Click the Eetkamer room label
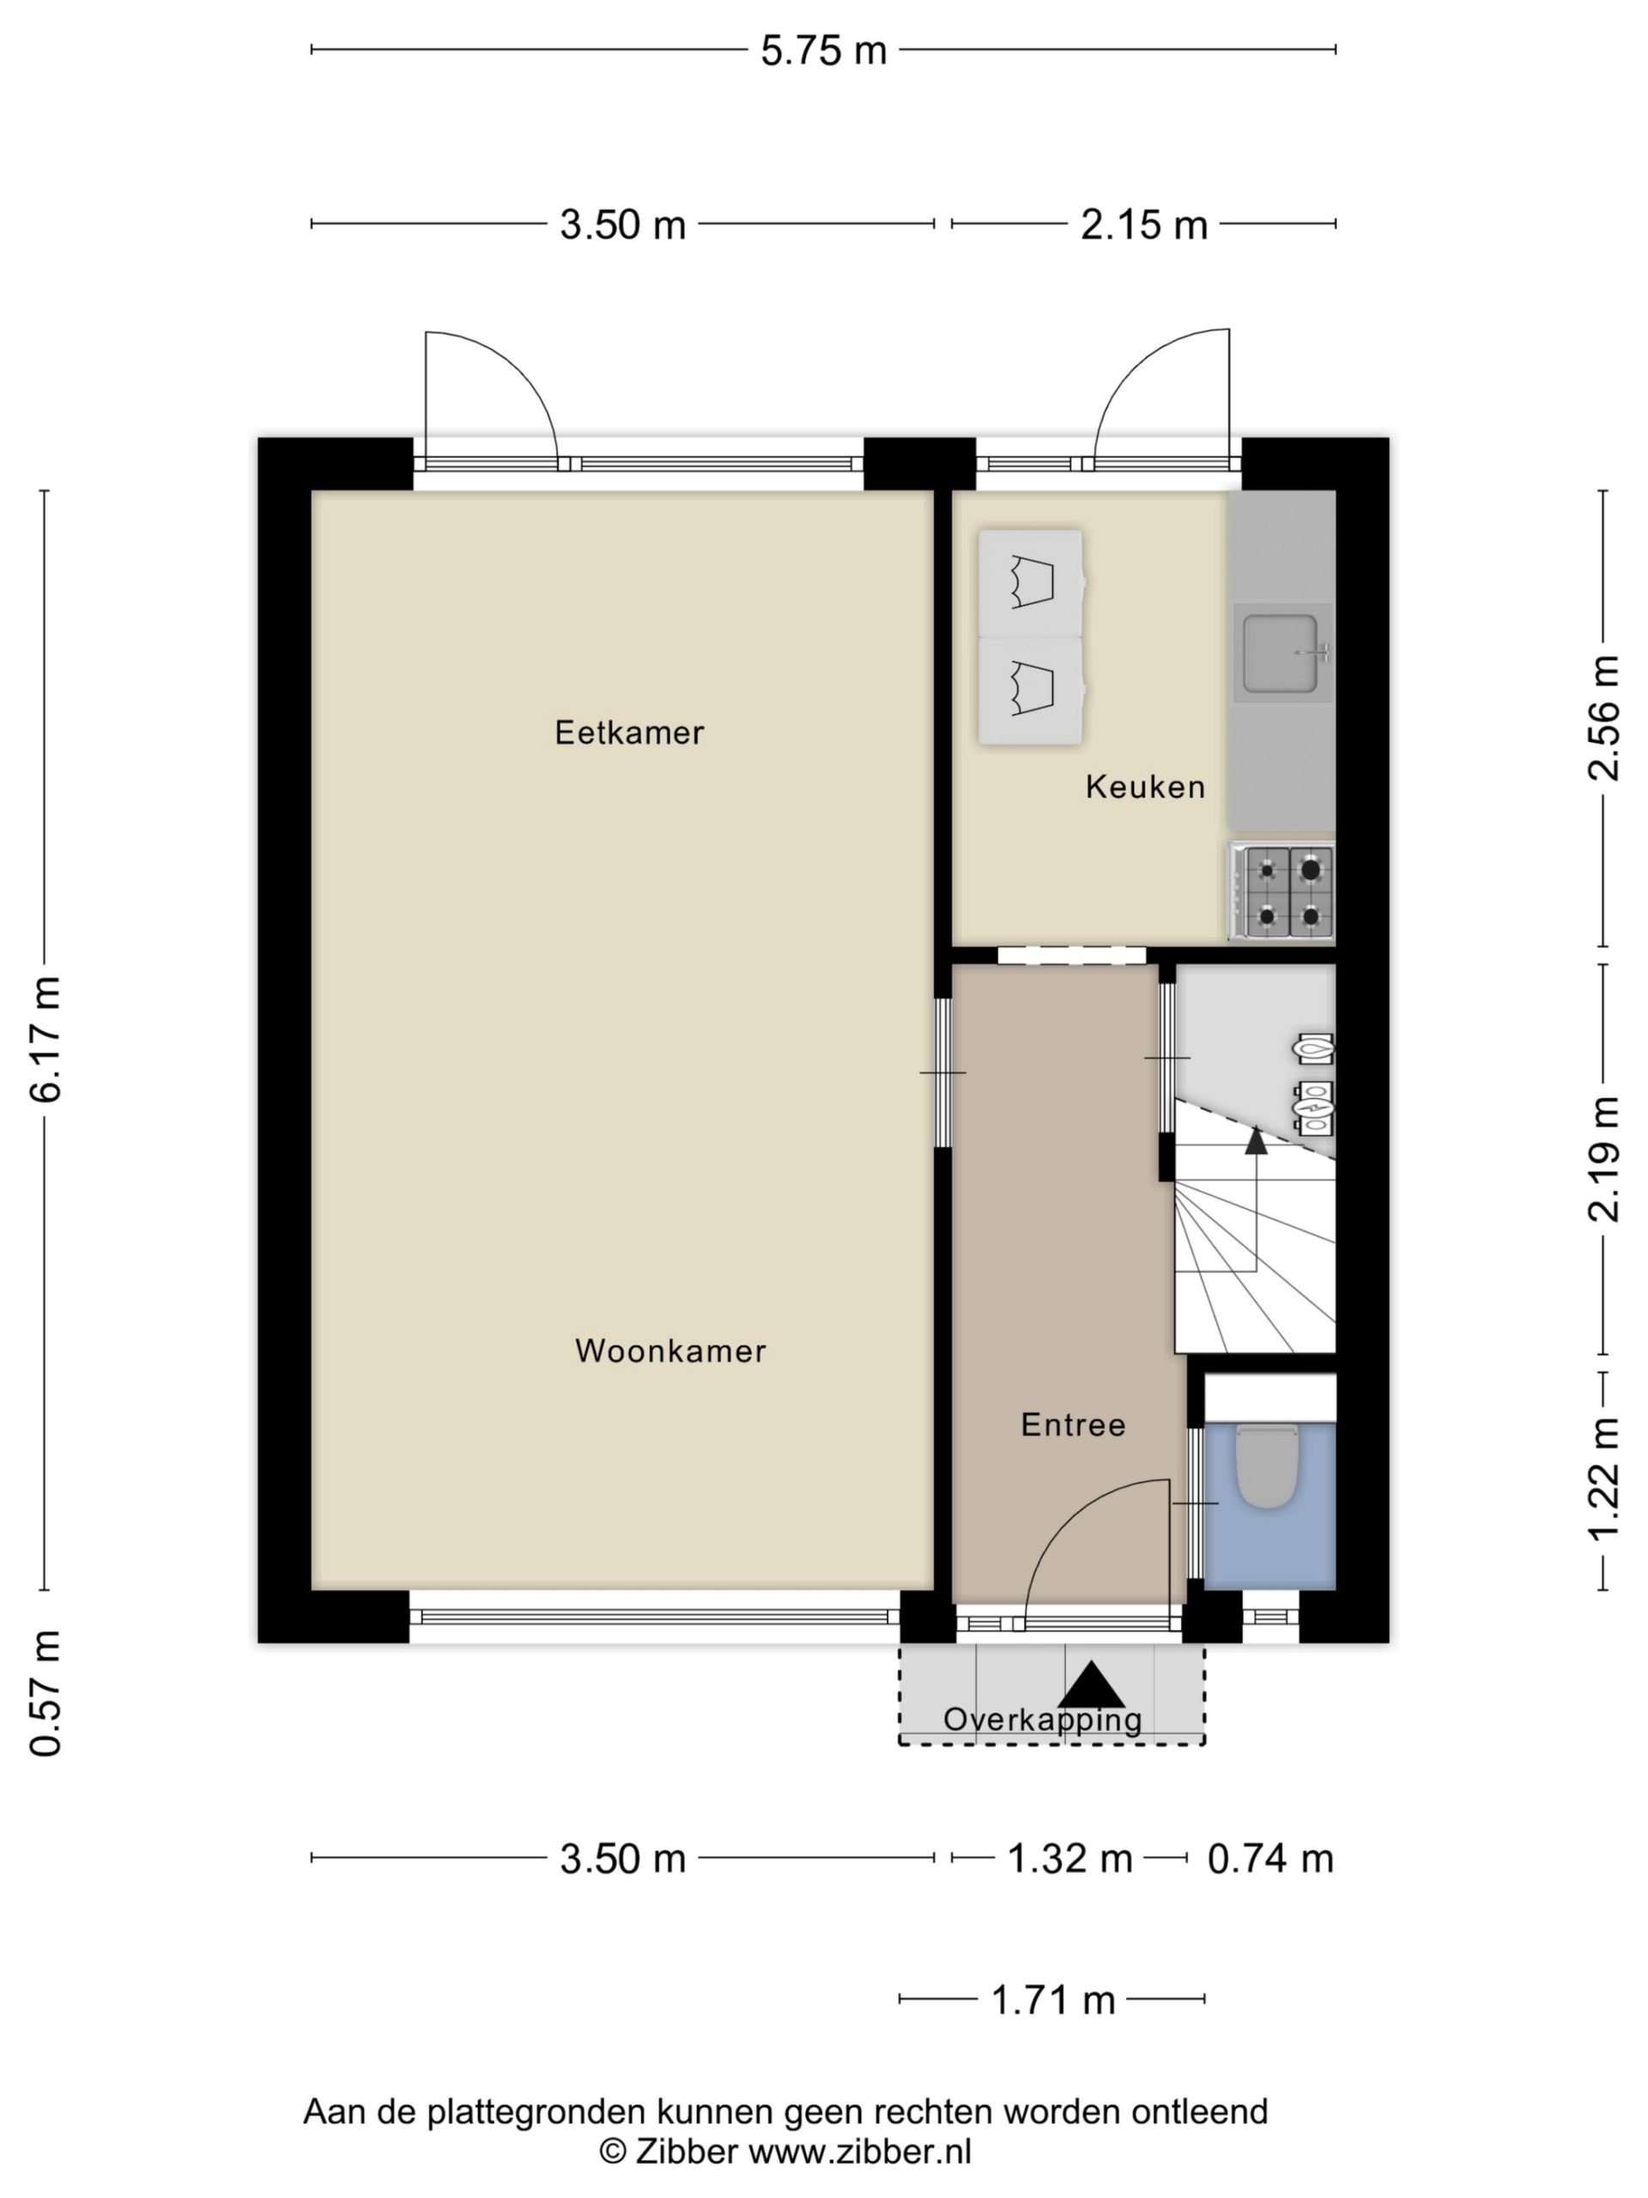629,733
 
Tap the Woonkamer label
670,1351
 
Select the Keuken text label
1145,787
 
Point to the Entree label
1073,1425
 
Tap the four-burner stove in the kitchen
1282,891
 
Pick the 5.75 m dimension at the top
823,51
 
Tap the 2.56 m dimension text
1603,719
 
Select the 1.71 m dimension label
1053,2001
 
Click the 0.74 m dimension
1269,1858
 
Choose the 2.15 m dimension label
1143,226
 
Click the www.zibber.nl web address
859,2152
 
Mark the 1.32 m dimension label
1069,1858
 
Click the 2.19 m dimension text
1603,1158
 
